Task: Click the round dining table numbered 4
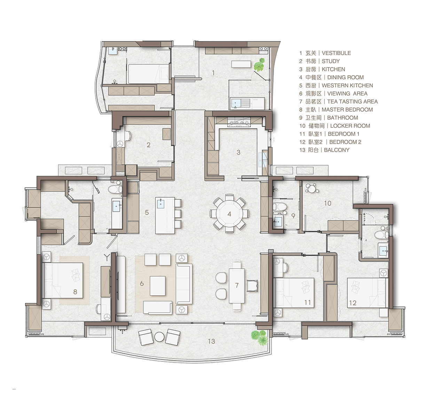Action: click(229, 214)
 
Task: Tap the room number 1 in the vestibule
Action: click(213, 73)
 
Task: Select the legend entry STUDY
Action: click(331, 61)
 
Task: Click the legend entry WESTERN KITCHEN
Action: click(347, 85)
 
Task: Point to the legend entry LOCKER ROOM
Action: click(350, 126)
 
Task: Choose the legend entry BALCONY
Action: click(337, 150)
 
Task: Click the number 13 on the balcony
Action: click(211, 341)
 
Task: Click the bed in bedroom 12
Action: click(367, 293)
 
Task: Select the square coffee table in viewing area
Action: click(157, 286)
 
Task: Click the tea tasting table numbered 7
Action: click(237, 285)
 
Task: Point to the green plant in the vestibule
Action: click(259, 65)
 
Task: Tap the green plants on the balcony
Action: click(260, 337)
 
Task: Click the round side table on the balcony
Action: click(159, 337)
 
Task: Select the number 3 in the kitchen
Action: click(238, 152)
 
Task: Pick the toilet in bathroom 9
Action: click(279, 207)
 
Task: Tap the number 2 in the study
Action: click(148, 145)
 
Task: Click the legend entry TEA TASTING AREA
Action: click(353, 102)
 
